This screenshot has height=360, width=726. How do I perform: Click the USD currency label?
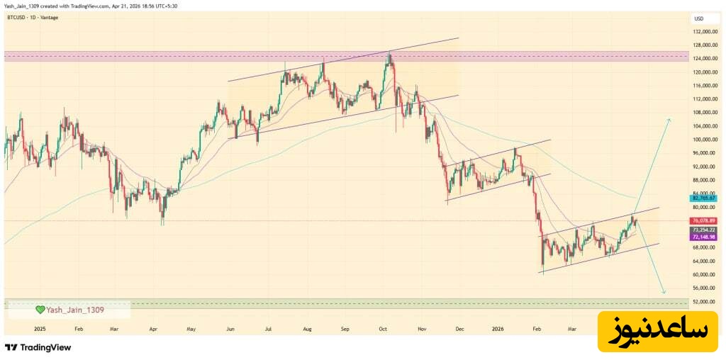click(x=698, y=18)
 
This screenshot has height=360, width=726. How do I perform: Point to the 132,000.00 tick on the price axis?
click(x=705, y=32)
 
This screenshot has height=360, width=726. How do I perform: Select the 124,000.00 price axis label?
click(x=705, y=59)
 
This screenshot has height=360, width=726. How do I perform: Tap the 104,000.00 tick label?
click(x=705, y=125)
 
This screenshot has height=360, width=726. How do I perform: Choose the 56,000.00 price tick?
click(x=705, y=288)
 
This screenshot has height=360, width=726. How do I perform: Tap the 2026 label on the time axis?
click(x=498, y=330)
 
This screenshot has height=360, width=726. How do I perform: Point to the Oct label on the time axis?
click(x=383, y=330)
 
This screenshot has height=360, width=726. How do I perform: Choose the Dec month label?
click(x=459, y=330)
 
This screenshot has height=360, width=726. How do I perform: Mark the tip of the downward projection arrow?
click(x=664, y=293)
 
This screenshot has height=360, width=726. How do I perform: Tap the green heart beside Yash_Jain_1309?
click(x=40, y=310)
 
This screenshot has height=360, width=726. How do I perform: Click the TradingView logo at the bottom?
click(x=38, y=347)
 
